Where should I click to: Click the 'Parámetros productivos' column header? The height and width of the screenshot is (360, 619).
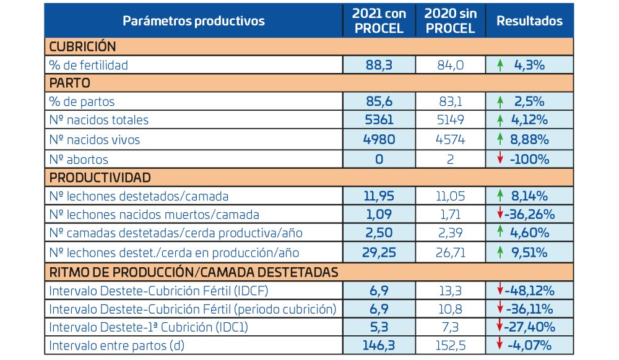pos(194,21)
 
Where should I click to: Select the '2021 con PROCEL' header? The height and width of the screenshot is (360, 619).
pos(379,21)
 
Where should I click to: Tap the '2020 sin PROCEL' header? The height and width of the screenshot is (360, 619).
pos(450,21)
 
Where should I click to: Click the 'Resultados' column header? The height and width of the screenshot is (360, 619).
pos(529,21)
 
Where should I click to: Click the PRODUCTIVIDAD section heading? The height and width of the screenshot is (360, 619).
pos(99,178)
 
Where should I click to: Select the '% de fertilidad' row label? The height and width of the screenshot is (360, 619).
pos(89,64)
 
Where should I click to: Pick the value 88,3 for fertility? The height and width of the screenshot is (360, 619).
pos(379,64)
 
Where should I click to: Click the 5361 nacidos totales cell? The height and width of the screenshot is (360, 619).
pos(379,120)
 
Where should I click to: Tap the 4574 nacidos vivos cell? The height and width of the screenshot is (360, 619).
pos(450,140)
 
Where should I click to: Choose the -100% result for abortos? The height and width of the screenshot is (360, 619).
pos(531,159)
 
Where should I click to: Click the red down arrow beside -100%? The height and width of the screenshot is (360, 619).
pos(500,159)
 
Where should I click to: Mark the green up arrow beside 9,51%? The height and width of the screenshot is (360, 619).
pos(500,252)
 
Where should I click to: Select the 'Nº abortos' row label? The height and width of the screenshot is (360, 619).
pos(79,159)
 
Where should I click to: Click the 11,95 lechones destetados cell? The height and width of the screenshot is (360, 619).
pos(379,197)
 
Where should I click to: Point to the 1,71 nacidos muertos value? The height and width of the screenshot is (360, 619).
pos(450,215)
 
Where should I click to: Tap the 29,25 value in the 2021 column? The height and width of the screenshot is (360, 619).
pos(379,252)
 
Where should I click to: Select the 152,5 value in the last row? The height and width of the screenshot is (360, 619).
pos(450,346)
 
